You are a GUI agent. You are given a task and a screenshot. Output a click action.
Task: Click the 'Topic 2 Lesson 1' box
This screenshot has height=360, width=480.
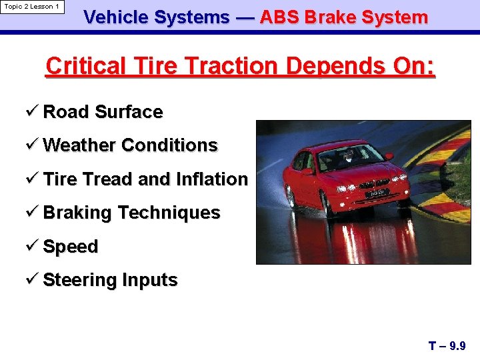pos(32,7)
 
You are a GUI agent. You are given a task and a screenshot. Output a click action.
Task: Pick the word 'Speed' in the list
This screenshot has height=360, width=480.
pos(70,247)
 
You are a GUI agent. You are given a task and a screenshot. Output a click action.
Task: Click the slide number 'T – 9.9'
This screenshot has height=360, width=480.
pos(447,346)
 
